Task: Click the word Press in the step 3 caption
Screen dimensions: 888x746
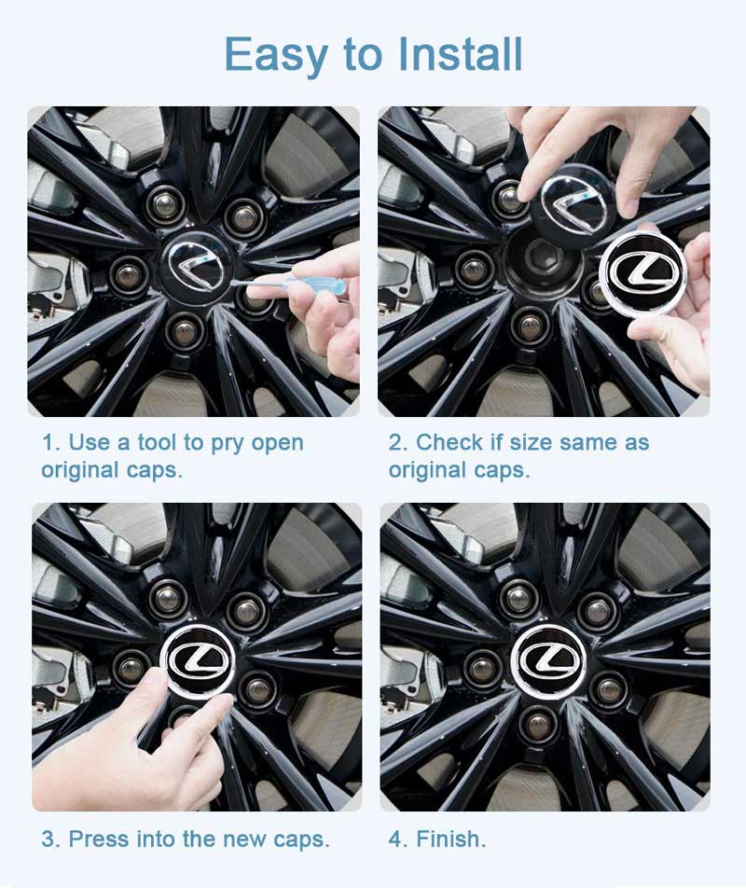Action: tap(99, 839)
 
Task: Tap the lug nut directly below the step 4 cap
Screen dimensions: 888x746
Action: tap(540, 723)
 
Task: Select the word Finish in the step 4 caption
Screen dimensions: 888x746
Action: tap(450, 839)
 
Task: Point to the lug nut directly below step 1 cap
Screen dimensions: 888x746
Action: tap(186, 328)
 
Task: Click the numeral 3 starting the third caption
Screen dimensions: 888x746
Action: tap(48, 839)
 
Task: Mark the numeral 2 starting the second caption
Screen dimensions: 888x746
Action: tap(396, 442)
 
